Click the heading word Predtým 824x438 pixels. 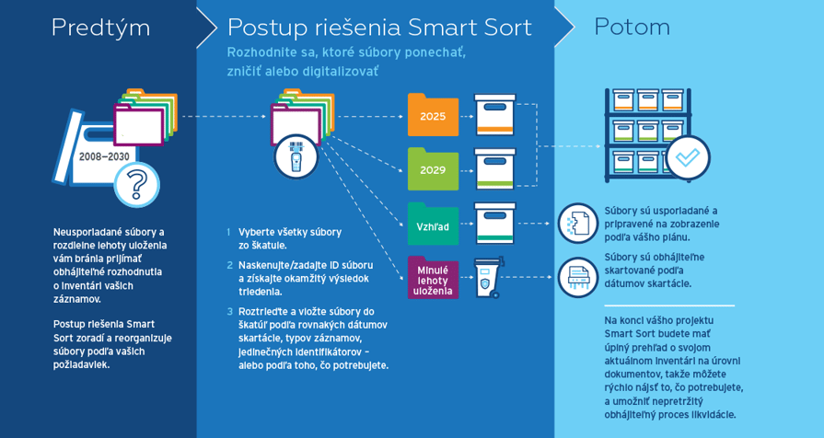click(x=101, y=28)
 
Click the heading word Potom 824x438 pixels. click(x=633, y=27)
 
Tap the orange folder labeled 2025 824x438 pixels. click(x=433, y=115)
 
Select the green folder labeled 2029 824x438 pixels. click(x=433, y=168)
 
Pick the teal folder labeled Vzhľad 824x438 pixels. click(x=433, y=224)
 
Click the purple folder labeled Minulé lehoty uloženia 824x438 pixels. click(x=433, y=278)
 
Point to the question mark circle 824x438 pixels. click(x=136, y=184)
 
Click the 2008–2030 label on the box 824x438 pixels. click(x=104, y=156)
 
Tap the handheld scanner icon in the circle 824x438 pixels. click(x=296, y=156)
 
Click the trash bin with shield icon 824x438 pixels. click(x=488, y=277)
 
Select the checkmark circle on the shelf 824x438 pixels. click(x=688, y=157)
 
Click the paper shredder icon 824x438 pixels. click(x=578, y=277)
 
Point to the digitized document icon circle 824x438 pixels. click(x=578, y=224)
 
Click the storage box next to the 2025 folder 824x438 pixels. click(x=495, y=115)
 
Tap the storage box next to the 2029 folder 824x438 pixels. click(x=495, y=168)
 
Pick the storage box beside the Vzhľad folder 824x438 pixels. click(x=495, y=224)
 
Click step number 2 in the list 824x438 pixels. click(x=229, y=265)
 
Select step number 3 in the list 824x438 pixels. click(x=229, y=311)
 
